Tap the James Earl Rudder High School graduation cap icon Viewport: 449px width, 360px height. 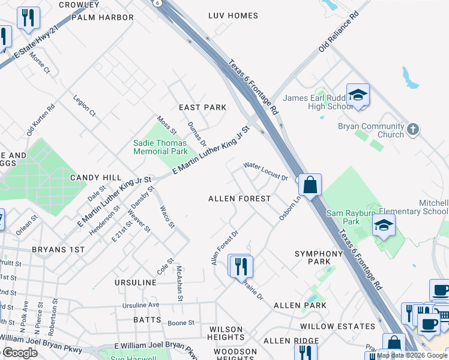358,95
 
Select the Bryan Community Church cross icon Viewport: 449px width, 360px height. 412,129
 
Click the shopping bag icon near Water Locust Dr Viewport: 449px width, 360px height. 310,184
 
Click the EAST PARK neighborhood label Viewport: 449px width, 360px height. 203,107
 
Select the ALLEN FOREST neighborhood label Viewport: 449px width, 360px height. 239,198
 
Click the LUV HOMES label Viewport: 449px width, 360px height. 233,15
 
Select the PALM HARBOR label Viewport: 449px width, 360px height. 102,17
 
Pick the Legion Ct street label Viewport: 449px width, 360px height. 85,104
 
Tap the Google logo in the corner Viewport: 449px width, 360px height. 20,353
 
